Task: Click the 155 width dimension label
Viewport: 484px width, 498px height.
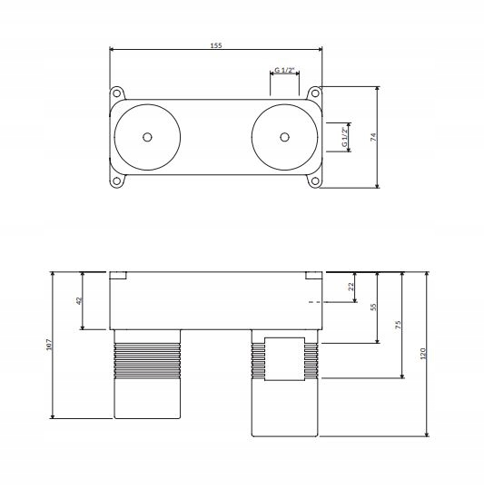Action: pyautogui.click(x=216, y=45)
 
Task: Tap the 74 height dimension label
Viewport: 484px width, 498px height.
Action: pyautogui.click(x=373, y=137)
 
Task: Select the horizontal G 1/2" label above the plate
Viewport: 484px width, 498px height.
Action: pyautogui.click(x=284, y=70)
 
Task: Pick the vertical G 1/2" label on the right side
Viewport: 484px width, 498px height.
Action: pyautogui.click(x=344, y=137)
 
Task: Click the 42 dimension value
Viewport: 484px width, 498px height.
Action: pyautogui.click(x=79, y=300)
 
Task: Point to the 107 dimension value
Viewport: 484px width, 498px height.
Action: pyautogui.click(x=49, y=345)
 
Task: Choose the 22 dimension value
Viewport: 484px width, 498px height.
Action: pyautogui.click(x=351, y=287)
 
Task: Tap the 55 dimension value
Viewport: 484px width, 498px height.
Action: pyautogui.click(x=373, y=307)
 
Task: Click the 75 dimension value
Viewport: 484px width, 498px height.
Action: pyautogui.click(x=399, y=325)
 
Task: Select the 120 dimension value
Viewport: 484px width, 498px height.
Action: pyautogui.click(x=422, y=354)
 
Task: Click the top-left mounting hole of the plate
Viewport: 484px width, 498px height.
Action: pyautogui.click(x=117, y=93)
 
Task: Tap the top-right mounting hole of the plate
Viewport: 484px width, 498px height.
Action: pyautogui.click(x=315, y=93)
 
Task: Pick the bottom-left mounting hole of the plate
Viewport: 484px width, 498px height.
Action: pyautogui.click(x=117, y=181)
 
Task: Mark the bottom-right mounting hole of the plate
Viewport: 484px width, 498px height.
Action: pyautogui.click(x=315, y=181)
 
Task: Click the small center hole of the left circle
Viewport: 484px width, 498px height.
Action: pyautogui.click(x=147, y=137)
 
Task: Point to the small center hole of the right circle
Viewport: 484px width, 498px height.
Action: pyautogui.click(x=284, y=137)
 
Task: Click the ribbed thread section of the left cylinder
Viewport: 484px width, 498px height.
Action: pyautogui.click(x=147, y=360)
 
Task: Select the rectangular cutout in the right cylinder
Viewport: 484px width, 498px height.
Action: pyautogui.click(x=284, y=359)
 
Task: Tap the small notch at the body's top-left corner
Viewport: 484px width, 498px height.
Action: pyautogui.click(x=118, y=276)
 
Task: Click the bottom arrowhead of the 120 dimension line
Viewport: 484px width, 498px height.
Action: pyautogui.click(x=427, y=434)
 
